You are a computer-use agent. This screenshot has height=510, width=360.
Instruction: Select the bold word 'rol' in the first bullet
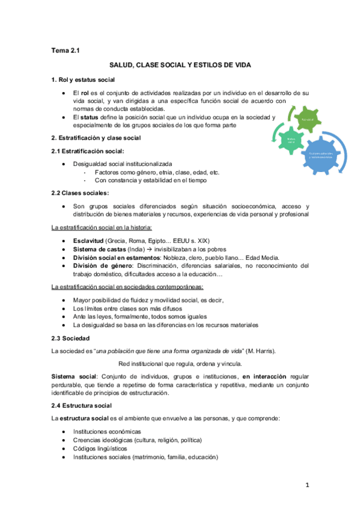pyautogui.click(x=85, y=93)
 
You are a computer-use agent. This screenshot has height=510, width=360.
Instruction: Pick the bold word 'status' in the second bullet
pyautogui.click(x=90, y=118)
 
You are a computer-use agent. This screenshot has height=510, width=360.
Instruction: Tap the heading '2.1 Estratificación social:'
pyautogui.click(x=88, y=151)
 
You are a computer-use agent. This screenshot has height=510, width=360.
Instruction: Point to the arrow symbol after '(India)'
pyautogui.click(x=155, y=249)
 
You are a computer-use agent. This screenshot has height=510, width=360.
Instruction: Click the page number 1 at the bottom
pyautogui.click(x=307, y=485)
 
